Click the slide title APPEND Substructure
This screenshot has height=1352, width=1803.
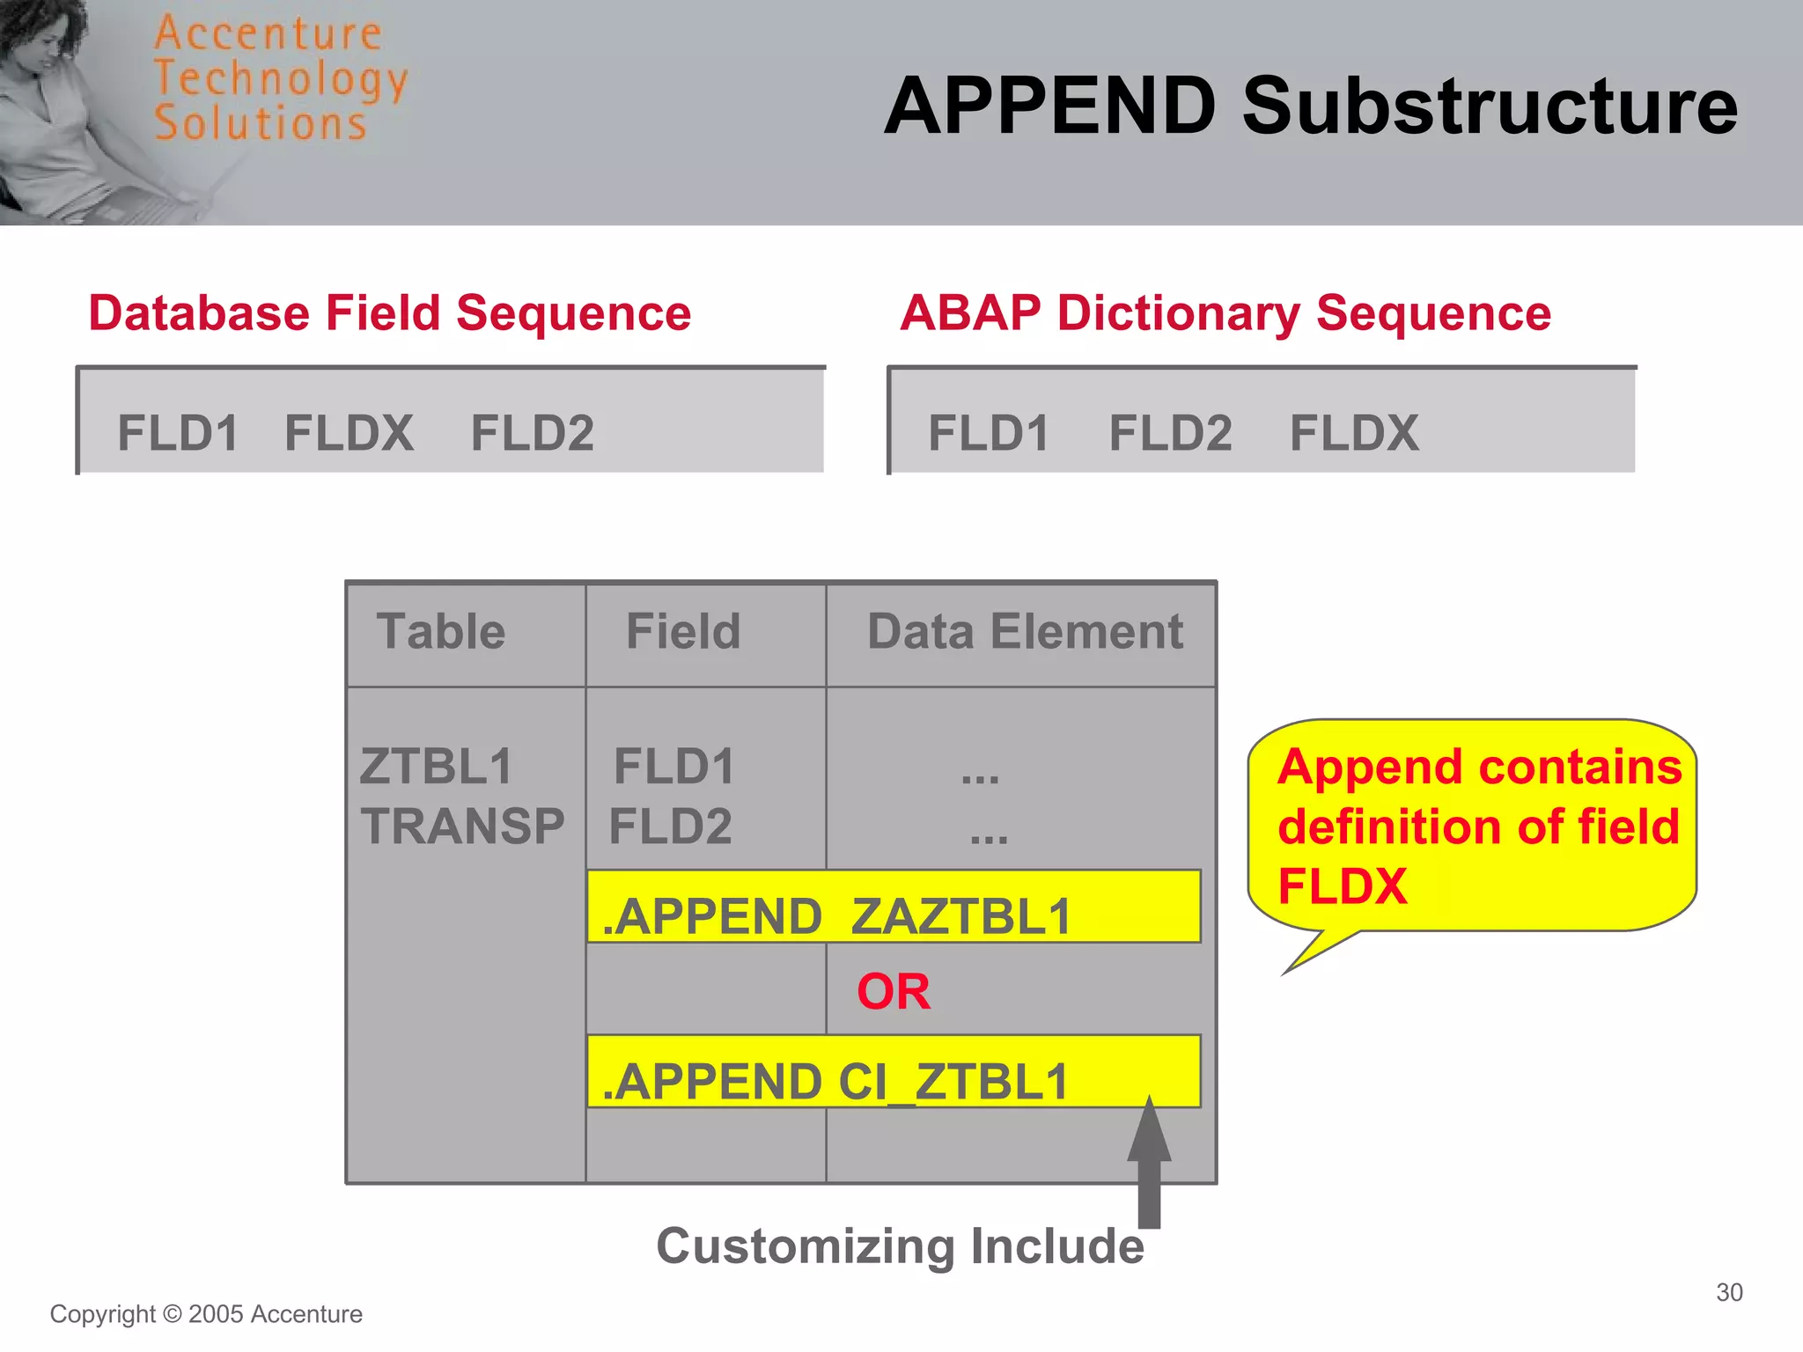coord(1310,107)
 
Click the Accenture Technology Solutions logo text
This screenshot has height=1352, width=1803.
coord(280,78)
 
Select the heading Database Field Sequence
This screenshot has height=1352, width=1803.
coord(390,313)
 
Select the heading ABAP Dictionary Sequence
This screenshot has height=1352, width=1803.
coord(1225,313)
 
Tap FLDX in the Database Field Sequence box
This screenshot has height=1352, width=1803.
coord(349,433)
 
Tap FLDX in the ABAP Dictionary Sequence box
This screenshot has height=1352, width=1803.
coord(1353,433)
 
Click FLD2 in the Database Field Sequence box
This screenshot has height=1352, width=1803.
coord(532,433)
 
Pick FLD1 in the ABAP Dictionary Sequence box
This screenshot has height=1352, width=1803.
coord(988,433)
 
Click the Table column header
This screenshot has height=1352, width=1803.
coord(441,631)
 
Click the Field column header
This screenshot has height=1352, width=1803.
coord(683,631)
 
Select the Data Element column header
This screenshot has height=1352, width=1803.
coord(1025,631)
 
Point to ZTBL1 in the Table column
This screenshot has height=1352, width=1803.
coord(436,766)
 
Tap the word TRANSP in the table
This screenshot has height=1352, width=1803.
coord(462,827)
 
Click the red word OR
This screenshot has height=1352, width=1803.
coord(893,992)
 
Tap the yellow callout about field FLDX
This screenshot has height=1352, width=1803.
coord(1472,826)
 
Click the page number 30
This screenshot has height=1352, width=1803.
coord(1729,1292)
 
